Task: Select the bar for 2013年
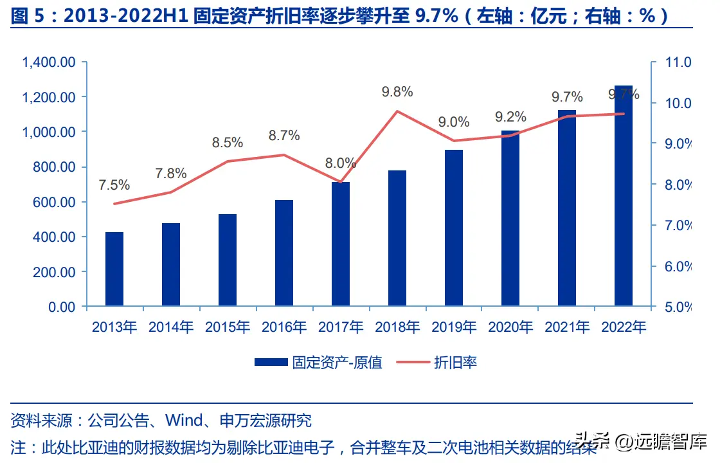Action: [114, 269]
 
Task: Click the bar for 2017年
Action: [341, 244]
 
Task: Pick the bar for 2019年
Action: [454, 228]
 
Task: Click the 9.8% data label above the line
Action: [397, 92]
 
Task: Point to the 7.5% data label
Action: [114, 185]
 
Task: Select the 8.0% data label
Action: [341, 163]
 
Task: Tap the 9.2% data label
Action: [510, 117]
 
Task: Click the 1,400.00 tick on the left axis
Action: [49, 62]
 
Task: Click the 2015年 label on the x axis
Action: [228, 327]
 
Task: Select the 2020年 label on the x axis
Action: [510, 327]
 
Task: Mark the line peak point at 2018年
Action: [397, 111]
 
